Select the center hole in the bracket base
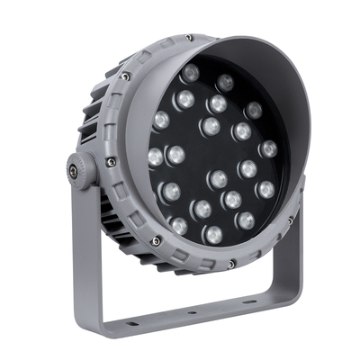[190, 315]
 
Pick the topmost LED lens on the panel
[190, 72]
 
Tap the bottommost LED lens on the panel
[212, 235]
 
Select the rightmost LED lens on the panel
[268, 148]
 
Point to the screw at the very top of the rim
[188, 38]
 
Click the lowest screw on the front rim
[231, 263]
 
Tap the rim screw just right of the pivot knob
[110, 163]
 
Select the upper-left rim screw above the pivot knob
[124, 76]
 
